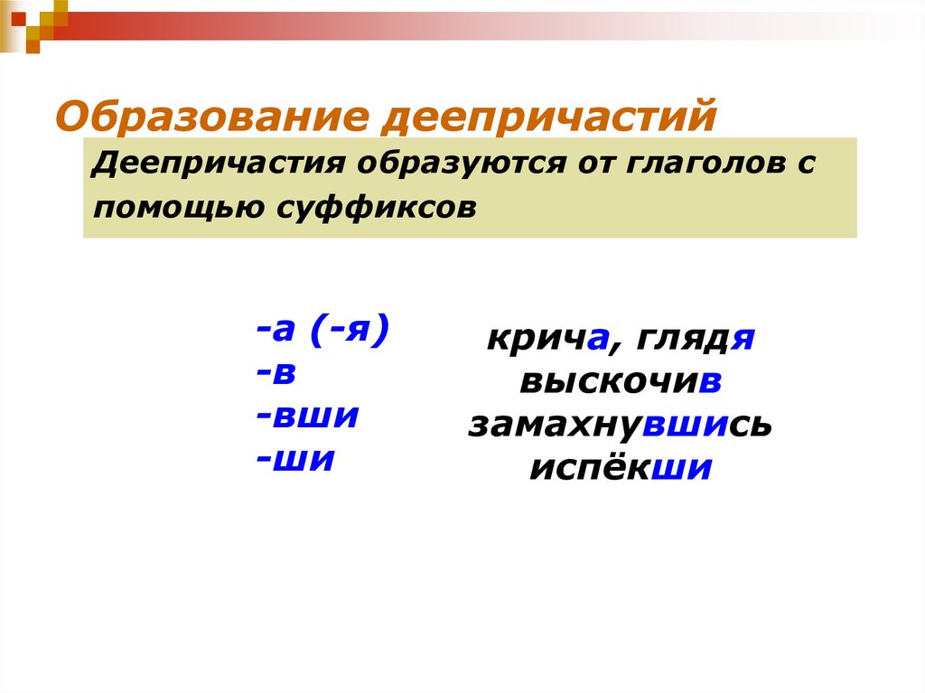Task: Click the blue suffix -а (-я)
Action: point(322,331)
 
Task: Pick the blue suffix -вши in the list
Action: point(308,417)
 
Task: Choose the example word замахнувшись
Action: point(620,425)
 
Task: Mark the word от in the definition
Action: point(589,165)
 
